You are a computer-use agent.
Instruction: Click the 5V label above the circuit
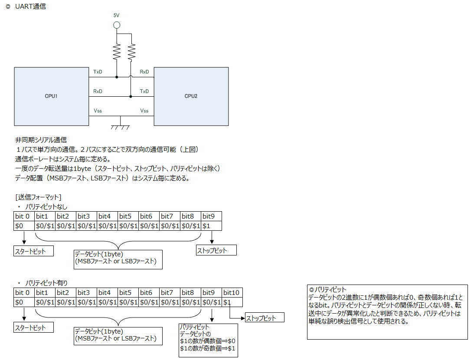(x=116, y=15)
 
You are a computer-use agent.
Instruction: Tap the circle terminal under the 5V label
(x=116, y=25)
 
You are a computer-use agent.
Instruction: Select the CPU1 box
(x=51, y=96)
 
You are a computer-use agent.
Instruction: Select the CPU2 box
(x=191, y=96)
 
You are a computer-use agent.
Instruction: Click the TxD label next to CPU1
(x=98, y=72)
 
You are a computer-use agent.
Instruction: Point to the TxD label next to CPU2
(x=144, y=91)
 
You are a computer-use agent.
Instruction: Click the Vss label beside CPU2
(x=144, y=111)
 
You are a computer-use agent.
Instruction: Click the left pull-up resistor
(x=116, y=52)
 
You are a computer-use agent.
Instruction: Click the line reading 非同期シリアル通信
(x=41, y=140)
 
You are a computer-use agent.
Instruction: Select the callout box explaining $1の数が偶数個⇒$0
(x=208, y=340)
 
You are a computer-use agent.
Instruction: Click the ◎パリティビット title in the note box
(x=327, y=289)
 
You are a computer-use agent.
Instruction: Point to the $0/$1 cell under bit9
(x=211, y=302)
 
